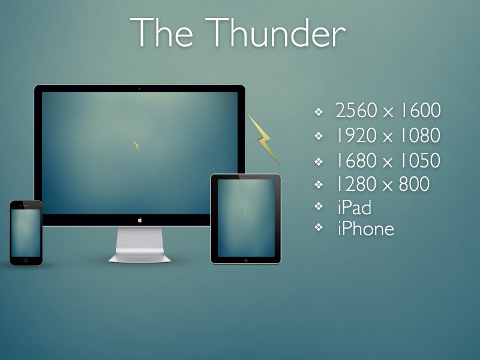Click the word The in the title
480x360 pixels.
(x=161, y=32)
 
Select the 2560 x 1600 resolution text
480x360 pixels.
(x=388, y=110)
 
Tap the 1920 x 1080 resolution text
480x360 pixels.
(x=388, y=136)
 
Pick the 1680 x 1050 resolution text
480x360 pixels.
(x=388, y=160)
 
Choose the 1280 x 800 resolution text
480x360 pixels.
(x=383, y=184)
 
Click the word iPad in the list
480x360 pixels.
(x=355, y=207)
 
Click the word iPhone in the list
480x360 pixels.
(x=366, y=229)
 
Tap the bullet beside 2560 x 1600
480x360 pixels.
(x=319, y=112)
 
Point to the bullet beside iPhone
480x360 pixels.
(x=319, y=227)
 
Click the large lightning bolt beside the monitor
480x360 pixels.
(x=264, y=140)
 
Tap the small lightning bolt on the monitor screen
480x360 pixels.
(x=137, y=146)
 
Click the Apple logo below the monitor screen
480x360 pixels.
(x=140, y=220)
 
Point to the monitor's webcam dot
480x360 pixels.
(x=140, y=88)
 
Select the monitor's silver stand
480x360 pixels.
(x=140, y=245)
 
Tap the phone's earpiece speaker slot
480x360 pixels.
(x=26, y=205)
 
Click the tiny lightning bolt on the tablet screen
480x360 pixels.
(x=245, y=213)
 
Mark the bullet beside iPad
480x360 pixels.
(x=319, y=206)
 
